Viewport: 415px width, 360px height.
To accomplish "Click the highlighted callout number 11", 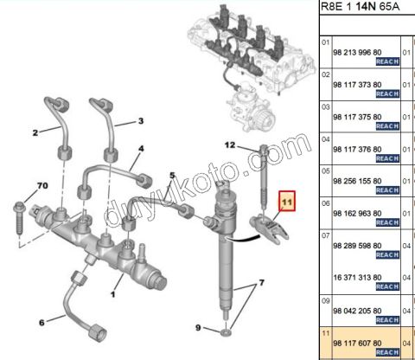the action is [x=287, y=202].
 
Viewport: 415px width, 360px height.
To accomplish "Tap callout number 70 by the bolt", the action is [x=42, y=185].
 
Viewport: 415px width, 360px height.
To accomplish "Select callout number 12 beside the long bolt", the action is [x=230, y=145].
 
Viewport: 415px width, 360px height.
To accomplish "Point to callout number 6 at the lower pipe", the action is [x=41, y=322].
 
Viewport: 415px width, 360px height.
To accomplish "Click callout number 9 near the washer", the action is [x=198, y=328].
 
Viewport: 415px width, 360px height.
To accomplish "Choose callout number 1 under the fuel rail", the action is [x=113, y=294].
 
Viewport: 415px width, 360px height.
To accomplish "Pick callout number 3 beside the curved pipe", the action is [x=141, y=121].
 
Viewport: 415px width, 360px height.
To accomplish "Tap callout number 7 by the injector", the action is [x=261, y=283].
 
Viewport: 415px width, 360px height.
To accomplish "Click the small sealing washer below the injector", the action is [x=226, y=333].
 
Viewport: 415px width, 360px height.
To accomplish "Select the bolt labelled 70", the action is [x=20, y=218].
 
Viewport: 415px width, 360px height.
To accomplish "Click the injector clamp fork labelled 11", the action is [x=269, y=229].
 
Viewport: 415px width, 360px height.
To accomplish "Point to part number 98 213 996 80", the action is [x=357, y=53].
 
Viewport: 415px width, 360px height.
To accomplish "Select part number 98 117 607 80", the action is [x=357, y=344].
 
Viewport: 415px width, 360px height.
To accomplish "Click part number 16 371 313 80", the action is [x=357, y=278].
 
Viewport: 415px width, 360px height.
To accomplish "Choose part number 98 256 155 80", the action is [x=357, y=181].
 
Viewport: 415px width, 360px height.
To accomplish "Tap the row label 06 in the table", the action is [x=325, y=203].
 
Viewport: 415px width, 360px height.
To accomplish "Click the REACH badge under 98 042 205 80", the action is [x=387, y=320].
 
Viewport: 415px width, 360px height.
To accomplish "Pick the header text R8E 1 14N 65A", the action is [x=361, y=6].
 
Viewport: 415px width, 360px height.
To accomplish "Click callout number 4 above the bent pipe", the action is [x=141, y=149].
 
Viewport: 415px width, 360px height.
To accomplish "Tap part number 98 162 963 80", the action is [x=357, y=214].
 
